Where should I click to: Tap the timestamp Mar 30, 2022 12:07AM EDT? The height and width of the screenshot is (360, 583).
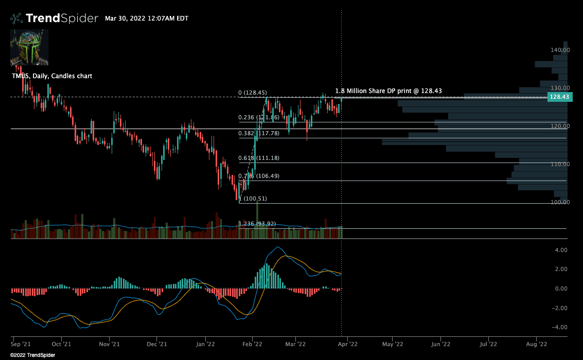click(147, 19)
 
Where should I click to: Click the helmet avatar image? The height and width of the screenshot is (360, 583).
click(29, 47)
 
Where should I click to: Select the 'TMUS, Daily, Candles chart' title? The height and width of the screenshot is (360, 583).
click(52, 76)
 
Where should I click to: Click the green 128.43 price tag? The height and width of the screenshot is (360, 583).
click(559, 97)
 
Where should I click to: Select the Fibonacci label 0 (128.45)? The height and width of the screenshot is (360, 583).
click(252, 93)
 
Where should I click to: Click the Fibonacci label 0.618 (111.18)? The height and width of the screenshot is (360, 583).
click(260, 158)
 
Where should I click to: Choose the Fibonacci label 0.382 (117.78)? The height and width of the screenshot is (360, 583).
click(259, 133)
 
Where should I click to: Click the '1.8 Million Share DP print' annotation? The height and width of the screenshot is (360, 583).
click(388, 91)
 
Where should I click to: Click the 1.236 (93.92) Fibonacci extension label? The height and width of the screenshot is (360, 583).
click(258, 224)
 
